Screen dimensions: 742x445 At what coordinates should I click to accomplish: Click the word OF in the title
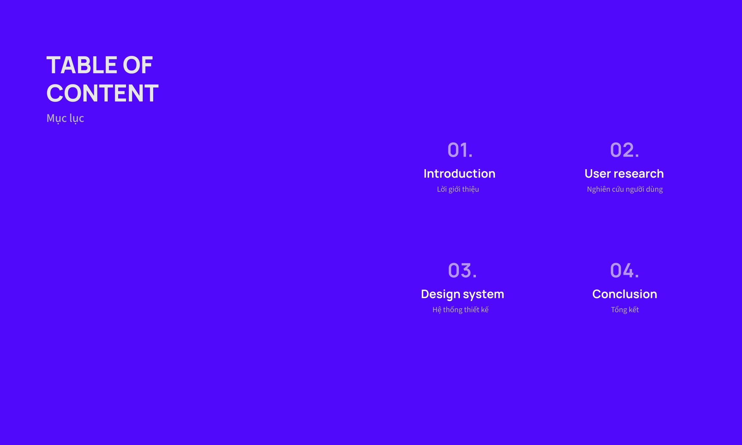138,65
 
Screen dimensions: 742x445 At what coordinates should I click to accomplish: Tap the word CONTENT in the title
102,93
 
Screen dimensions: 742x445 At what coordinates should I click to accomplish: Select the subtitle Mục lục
65,118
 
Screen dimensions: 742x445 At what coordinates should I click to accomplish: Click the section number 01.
460,150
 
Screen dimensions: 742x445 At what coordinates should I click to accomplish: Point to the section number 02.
624,150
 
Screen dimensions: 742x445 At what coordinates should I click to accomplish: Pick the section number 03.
462,270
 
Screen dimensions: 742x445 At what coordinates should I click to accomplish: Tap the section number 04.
624,270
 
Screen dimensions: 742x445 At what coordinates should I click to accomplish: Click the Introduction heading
460,173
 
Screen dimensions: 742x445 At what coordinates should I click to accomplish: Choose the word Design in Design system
441,294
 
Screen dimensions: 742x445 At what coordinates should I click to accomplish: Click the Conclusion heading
624,294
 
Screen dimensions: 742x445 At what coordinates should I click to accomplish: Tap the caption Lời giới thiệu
458,189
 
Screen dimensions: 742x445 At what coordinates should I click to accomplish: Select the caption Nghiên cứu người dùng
625,189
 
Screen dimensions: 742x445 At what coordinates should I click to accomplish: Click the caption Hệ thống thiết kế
461,310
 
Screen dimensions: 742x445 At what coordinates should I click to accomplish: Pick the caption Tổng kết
625,310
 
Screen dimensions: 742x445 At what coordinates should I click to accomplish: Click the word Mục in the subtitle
57,118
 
